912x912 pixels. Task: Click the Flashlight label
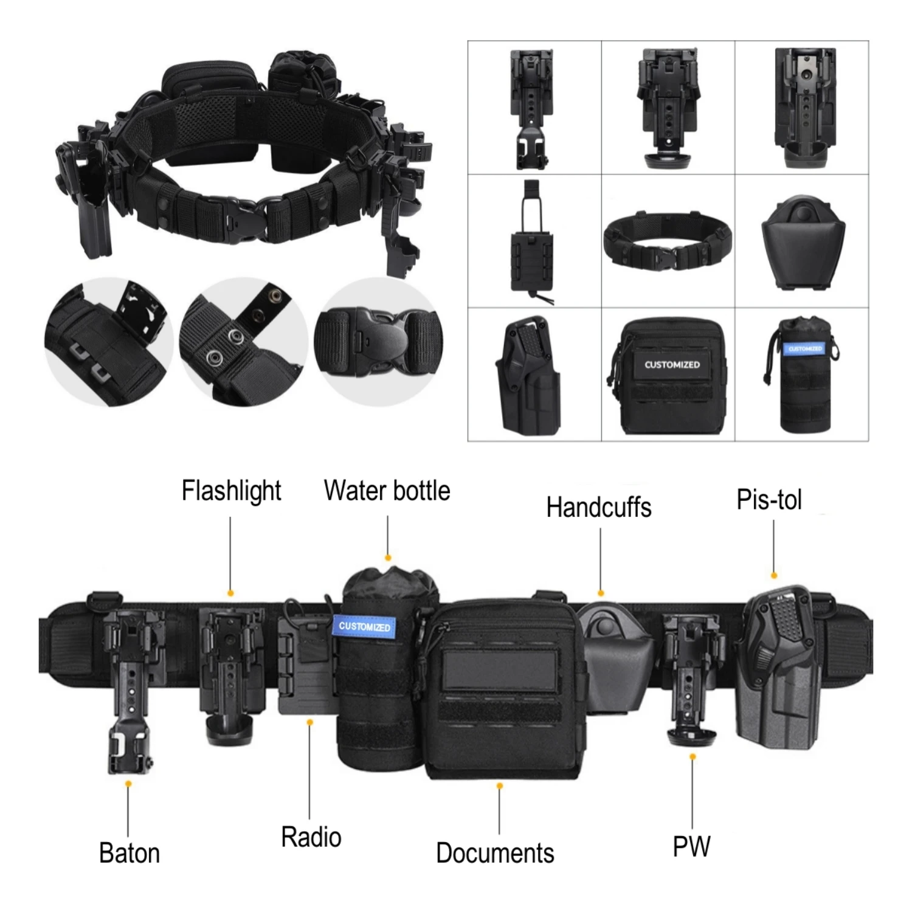[231, 491]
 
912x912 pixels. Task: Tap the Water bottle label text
[387, 491]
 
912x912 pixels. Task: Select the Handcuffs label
[598, 508]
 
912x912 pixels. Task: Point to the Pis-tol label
[769, 500]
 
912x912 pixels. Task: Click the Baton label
[130, 853]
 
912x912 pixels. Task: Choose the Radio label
[311, 837]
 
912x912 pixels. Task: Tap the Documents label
[495, 853]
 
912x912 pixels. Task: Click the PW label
[691, 846]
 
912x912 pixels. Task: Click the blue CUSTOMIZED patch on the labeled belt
[364, 627]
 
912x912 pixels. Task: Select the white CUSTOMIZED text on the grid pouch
[672, 365]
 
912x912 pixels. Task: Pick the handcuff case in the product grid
[803, 242]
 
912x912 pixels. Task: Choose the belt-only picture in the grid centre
[668, 241]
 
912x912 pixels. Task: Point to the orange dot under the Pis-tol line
[774, 575]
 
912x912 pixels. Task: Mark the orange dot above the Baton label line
[128, 784]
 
